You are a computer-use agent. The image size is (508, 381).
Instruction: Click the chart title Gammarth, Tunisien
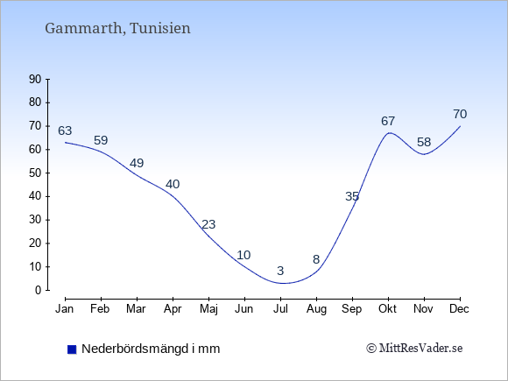(x=117, y=29)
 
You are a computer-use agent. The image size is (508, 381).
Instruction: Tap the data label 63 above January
(x=65, y=131)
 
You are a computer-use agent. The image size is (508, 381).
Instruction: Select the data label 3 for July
(x=280, y=271)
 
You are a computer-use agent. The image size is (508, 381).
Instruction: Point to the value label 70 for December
(x=460, y=114)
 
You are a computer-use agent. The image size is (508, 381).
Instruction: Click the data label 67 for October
(x=388, y=121)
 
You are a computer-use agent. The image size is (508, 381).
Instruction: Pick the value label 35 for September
(x=352, y=196)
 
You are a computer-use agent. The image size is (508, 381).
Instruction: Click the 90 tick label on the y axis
(x=35, y=79)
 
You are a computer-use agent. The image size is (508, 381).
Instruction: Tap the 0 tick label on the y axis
(x=39, y=290)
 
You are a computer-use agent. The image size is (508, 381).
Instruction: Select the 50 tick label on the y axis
(x=35, y=173)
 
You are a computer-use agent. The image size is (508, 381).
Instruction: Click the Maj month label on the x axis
(x=208, y=309)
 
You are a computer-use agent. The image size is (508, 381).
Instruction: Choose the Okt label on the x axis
(x=387, y=309)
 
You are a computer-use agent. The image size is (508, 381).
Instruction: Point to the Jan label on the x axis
(x=65, y=309)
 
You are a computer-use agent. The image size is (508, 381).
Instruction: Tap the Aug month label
(x=316, y=309)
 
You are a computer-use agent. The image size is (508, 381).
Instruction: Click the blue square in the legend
(x=72, y=349)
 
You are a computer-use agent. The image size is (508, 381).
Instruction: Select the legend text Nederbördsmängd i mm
(x=151, y=349)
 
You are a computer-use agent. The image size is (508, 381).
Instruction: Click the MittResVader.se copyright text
(x=414, y=349)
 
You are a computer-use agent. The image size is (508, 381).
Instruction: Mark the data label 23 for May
(x=208, y=224)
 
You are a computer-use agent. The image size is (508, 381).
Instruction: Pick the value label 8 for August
(x=316, y=259)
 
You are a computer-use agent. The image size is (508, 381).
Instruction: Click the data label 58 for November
(x=424, y=142)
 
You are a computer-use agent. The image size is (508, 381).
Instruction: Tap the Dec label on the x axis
(x=459, y=309)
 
